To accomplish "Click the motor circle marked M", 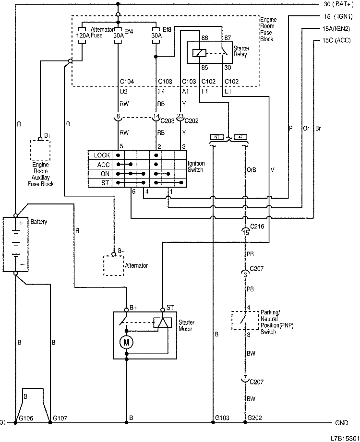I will tap(127, 342).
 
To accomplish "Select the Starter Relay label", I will tap(240, 52).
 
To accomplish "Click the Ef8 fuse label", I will tap(167, 30).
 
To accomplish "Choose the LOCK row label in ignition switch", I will tap(102, 155).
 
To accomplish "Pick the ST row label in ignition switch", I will tap(105, 183).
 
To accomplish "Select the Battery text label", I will tap(39, 223).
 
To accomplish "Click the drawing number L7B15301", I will tap(344, 438).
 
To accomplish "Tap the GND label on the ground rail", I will tap(341, 423).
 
